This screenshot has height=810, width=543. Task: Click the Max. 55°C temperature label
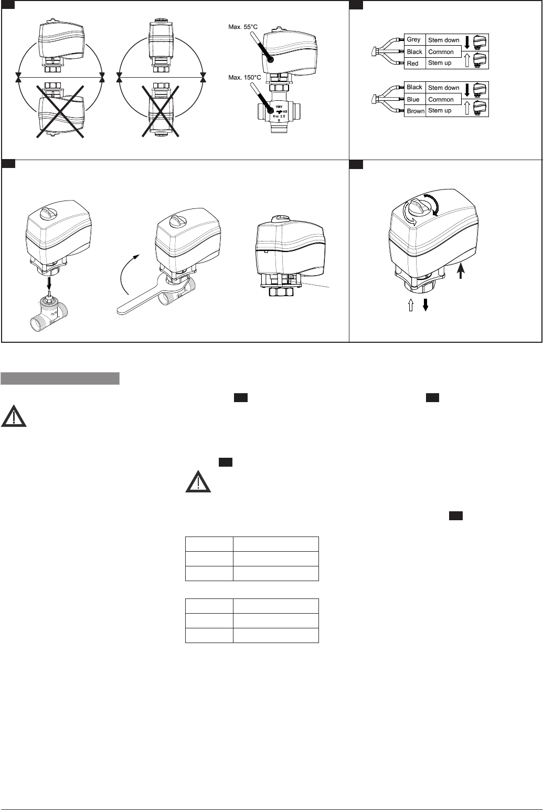tap(243, 27)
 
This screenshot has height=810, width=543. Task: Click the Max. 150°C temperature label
tap(244, 77)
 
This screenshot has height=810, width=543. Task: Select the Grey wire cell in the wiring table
tap(414, 39)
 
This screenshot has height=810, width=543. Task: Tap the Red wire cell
tap(414, 64)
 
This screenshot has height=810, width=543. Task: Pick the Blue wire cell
tap(414, 99)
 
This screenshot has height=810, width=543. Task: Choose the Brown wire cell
tap(415, 111)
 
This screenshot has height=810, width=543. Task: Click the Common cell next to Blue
tap(443, 99)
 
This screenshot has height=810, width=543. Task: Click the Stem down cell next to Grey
tap(443, 40)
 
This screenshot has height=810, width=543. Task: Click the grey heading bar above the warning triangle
tap(60, 378)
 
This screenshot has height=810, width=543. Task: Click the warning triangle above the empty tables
tap(198, 481)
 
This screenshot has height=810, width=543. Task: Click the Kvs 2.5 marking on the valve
tap(279, 117)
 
